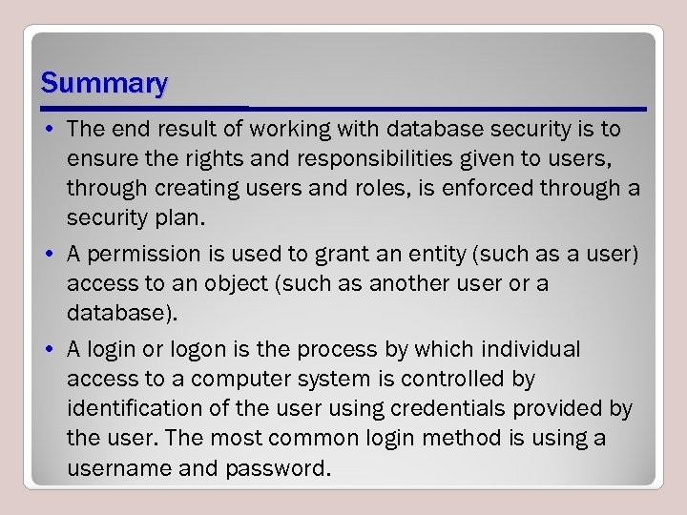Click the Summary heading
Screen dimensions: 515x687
click(104, 84)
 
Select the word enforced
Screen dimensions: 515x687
click(477, 188)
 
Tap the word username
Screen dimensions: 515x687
click(114, 468)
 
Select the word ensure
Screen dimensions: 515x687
click(99, 158)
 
